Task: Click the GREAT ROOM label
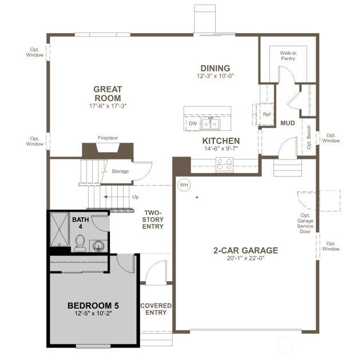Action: point(108,93)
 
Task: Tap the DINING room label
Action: point(215,68)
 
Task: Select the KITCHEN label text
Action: point(221,141)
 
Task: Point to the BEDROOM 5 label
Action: point(93,305)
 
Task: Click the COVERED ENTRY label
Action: point(156,309)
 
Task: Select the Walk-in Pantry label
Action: point(288,55)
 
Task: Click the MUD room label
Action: point(287,123)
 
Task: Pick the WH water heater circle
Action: point(184,185)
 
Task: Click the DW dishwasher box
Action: point(193,123)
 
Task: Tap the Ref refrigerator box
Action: point(266,114)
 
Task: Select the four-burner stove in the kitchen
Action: point(224,165)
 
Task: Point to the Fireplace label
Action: point(108,138)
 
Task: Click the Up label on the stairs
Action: point(135,197)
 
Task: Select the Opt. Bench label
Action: point(309,137)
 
